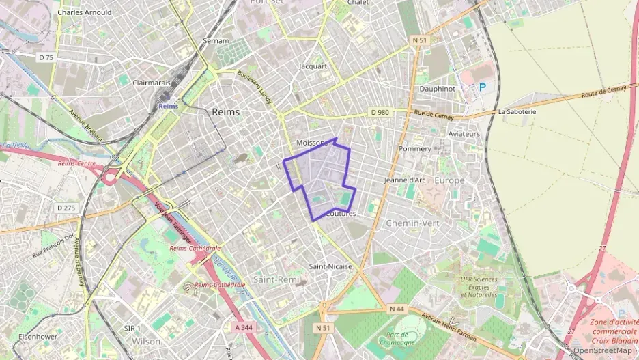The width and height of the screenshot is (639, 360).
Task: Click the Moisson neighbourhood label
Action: [310, 142]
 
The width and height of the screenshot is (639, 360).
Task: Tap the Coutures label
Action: [341, 214]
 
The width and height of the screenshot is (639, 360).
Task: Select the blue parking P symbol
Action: [483, 87]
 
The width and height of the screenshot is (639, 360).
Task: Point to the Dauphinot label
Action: [438, 89]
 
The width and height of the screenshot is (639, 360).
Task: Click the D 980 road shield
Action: [379, 111]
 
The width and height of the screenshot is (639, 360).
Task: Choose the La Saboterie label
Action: [517, 111]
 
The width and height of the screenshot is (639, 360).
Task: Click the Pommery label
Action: [414, 148]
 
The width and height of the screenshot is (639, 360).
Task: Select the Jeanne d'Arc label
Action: [405, 180]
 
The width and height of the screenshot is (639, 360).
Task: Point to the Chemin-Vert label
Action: [413, 223]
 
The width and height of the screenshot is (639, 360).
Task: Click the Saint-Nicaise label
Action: [330, 266]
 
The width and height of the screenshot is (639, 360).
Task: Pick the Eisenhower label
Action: [38, 337]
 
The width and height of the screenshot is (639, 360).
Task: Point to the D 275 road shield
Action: [66, 208]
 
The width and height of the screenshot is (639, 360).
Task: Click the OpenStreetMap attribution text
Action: [603, 350]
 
